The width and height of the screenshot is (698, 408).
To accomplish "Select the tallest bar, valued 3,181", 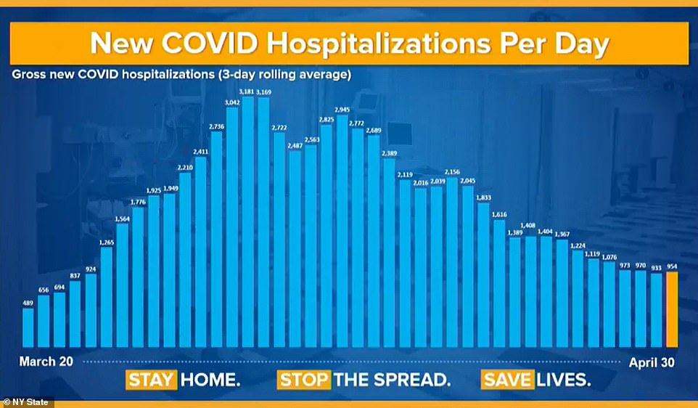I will coord(248,221).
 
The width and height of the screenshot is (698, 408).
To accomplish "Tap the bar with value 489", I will coord(28,327).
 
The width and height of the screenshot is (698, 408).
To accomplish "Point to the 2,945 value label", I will coord(342,109).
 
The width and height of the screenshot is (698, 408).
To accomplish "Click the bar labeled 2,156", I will coord(452,261).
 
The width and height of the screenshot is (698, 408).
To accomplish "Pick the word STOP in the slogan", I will coord(303,379).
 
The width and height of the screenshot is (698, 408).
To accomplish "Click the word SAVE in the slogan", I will coord(506,379).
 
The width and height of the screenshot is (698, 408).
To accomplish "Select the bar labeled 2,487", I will coord(295,248).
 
